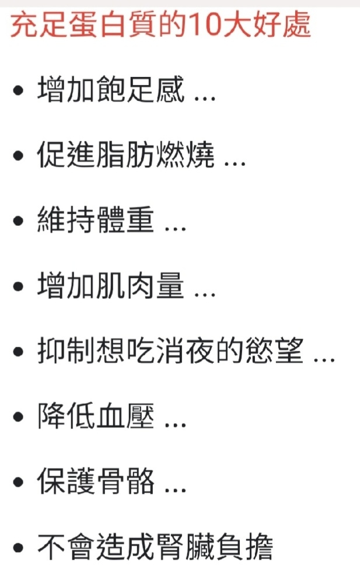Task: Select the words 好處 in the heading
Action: click(281, 25)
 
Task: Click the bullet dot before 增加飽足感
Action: click(18, 90)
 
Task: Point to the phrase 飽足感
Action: click(141, 89)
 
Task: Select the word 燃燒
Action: click(185, 155)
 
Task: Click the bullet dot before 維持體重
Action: click(18, 221)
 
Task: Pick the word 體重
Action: click(125, 221)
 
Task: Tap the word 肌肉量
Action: click(141, 286)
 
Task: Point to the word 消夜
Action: click(185, 351)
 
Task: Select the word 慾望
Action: click(274, 351)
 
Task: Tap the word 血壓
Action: click(125, 416)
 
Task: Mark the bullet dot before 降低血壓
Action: click(18, 417)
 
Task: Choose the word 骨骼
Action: click(125, 481)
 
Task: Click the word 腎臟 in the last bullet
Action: click(185, 547)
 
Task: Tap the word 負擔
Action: click(244, 547)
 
